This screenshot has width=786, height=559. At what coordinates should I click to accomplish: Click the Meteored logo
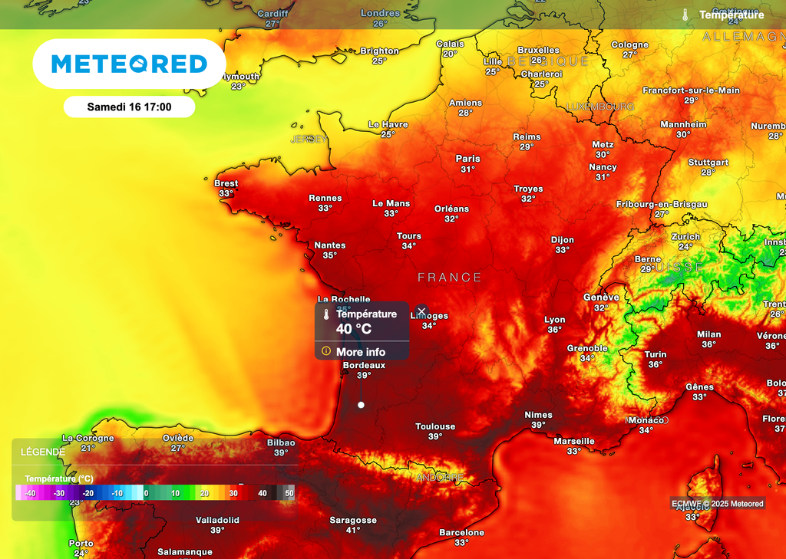point(129,64)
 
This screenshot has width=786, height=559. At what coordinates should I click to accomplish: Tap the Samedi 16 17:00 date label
point(129,107)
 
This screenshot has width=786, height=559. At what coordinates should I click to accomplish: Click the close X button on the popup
point(421,311)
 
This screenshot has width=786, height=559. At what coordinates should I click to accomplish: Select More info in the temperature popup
point(361,352)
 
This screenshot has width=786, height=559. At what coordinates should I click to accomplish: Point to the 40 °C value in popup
point(354,329)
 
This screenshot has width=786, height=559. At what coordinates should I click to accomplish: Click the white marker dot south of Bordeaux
point(361,405)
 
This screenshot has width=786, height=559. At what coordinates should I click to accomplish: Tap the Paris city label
point(468,159)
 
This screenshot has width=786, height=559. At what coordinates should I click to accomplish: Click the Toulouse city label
point(435,426)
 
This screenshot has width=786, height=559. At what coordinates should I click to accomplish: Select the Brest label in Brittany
point(226,183)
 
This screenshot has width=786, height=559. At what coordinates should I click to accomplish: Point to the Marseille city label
point(574,441)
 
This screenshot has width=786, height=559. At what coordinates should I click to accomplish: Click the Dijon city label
point(563,240)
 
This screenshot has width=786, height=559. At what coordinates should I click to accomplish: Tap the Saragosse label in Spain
point(353,520)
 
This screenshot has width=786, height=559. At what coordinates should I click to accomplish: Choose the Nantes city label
point(330,245)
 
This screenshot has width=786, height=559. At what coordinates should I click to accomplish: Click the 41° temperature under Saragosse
point(353,530)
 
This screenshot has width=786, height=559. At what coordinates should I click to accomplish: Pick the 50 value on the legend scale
point(289,493)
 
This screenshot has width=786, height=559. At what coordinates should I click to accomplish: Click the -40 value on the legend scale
point(30,493)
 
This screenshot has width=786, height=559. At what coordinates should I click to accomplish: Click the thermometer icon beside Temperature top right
point(685,15)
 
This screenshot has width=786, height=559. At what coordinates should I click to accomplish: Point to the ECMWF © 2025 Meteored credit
point(718,504)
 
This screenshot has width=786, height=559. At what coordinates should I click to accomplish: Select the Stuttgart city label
point(708,163)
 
